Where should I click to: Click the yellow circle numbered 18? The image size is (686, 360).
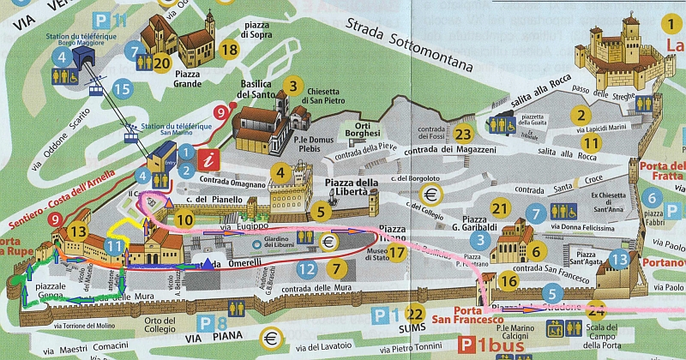coord(229,50)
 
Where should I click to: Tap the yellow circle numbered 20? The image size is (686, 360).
coord(161,62)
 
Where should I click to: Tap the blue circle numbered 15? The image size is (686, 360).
coord(122,87)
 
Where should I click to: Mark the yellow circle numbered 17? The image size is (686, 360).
coord(395,253)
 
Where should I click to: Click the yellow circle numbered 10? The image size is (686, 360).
coord(184,219)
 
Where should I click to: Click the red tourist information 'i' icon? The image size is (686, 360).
coord(207,159)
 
